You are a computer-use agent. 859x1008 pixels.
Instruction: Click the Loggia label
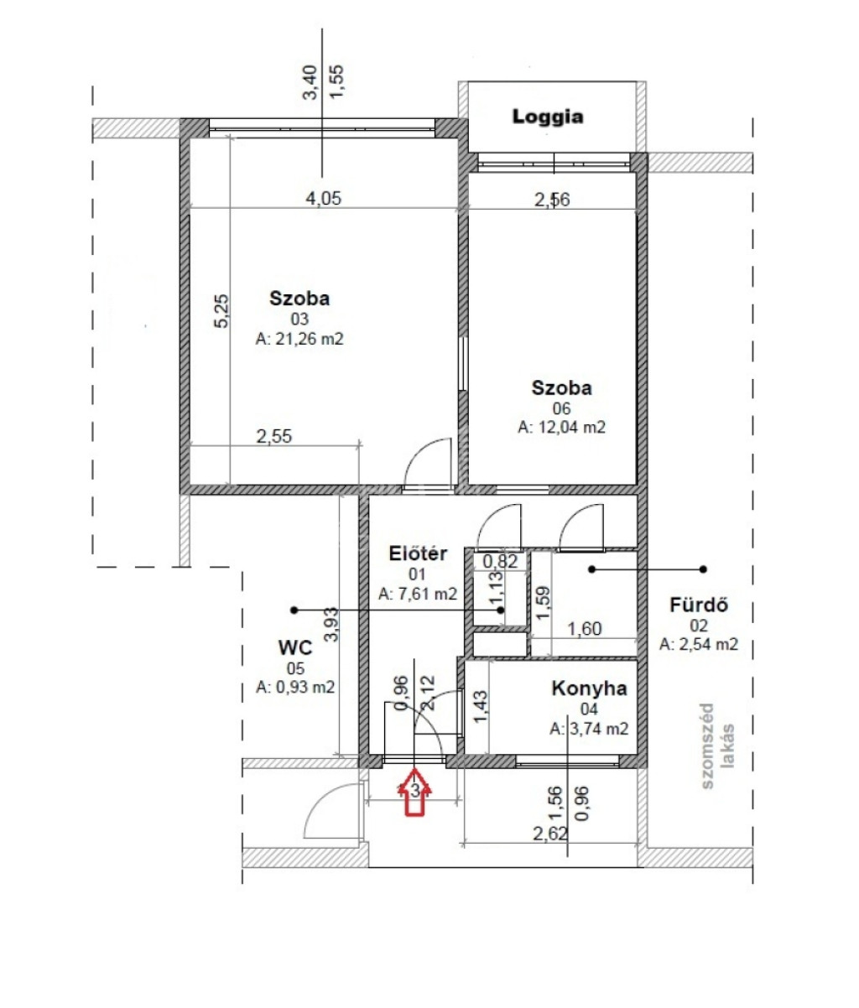pyautogui.click(x=547, y=117)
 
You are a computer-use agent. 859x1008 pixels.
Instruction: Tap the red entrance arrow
pyautogui.click(x=415, y=792)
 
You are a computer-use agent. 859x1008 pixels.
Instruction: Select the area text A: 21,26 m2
pyautogui.click(x=299, y=339)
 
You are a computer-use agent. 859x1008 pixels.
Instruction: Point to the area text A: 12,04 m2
pyautogui.click(x=561, y=427)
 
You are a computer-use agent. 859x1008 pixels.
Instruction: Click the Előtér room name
pyautogui.click(x=418, y=553)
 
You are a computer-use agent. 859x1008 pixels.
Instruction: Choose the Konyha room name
pyautogui.click(x=589, y=688)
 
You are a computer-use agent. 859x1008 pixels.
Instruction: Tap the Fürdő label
pyautogui.click(x=699, y=605)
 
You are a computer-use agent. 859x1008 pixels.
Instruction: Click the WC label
pyautogui.click(x=295, y=647)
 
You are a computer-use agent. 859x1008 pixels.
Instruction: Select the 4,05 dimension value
pyautogui.click(x=324, y=199)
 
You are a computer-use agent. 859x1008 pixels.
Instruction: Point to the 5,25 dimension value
pyautogui.click(x=221, y=310)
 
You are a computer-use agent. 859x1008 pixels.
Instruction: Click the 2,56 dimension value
pyautogui.click(x=552, y=200)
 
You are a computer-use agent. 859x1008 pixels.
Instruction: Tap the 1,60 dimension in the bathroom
pyautogui.click(x=585, y=629)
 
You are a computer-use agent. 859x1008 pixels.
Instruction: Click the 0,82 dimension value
pyautogui.click(x=500, y=562)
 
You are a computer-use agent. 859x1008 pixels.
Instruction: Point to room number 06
pyautogui.click(x=561, y=408)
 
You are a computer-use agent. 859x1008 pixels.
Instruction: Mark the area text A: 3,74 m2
pyautogui.click(x=589, y=729)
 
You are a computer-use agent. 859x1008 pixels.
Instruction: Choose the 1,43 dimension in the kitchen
pyautogui.click(x=481, y=708)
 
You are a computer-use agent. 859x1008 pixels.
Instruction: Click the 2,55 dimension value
pyautogui.click(x=274, y=436)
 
